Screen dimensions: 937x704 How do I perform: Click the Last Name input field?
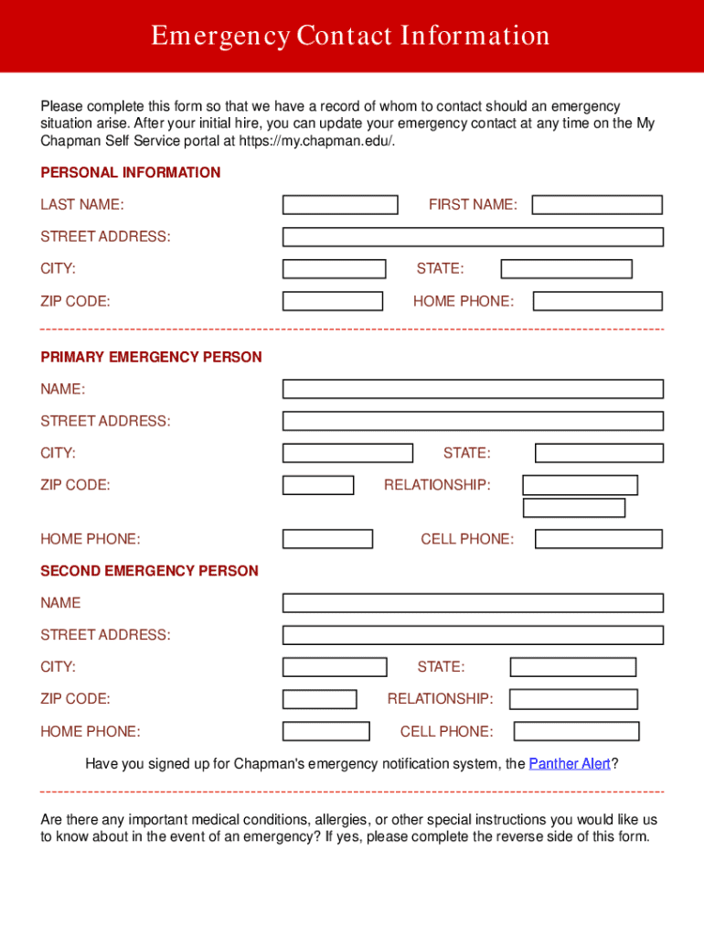click(339, 205)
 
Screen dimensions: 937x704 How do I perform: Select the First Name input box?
click(596, 205)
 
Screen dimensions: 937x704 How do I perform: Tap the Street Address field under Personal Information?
click(472, 237)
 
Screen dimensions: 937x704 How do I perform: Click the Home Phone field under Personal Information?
click(597, 301)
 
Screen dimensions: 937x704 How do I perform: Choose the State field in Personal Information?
click(566, 269)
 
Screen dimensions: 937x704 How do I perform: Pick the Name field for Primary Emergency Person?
click(472, 389)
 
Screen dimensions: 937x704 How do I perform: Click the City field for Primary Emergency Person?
click(347, 453)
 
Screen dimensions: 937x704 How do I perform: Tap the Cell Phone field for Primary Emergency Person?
click(598, 539)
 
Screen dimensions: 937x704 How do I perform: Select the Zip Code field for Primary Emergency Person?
click(317, 485)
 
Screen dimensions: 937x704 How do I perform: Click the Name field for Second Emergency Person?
click(472, 603)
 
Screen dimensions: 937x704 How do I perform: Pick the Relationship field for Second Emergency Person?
click(572, 699)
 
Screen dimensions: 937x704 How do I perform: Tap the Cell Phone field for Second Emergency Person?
click(576, 731)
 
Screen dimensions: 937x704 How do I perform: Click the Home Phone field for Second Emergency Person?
click(325, 731)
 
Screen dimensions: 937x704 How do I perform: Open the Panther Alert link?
click(569, 763)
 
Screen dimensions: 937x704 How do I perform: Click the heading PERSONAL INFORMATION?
click(130, 173)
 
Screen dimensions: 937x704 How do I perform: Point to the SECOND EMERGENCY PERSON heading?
click(149, 571)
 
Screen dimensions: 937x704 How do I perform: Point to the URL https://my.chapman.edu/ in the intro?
click(316, 141)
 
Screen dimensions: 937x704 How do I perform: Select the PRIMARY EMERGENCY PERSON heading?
click(151, 357)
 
